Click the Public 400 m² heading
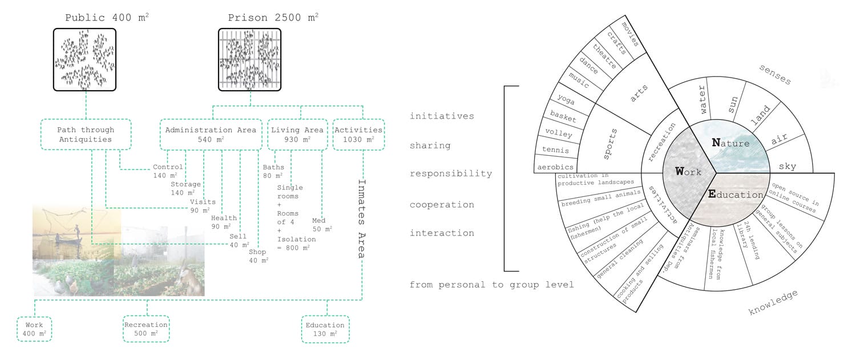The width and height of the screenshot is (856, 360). (x=107, y=18)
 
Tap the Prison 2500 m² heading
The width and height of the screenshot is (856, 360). (x=273, y=18)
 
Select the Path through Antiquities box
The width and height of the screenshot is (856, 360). (x=86, y=135)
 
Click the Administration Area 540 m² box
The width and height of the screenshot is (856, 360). (x=211, y=135)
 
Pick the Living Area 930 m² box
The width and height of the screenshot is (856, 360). (x=297, y=135)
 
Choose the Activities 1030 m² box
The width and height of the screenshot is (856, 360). (x=358, y=135)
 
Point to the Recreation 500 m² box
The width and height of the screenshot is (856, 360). (x=146, y=329)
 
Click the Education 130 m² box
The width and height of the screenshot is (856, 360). (x=325, y=329)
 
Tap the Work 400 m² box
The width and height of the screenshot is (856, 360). (x=34, y=329)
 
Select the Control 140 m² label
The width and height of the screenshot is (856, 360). (x=167, y=171)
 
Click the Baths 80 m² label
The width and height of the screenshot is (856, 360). (x=273, y=171)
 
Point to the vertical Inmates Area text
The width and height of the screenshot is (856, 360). (x=361, y=219)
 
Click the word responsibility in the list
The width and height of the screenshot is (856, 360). (x=451, y=174)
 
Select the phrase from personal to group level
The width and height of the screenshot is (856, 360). (x=491, y=285)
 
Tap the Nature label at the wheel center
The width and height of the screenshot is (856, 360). (x=730, y=143)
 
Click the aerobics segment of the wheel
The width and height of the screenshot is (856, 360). (x=555, y=167)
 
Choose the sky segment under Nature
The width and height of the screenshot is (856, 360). (x=788, y=166)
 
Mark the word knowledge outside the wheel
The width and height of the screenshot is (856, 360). (x=773, y=303)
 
